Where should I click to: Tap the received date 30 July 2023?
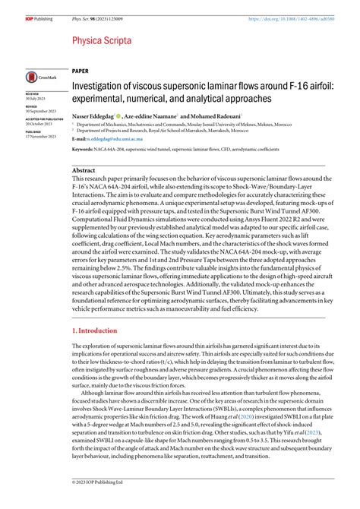tap(36, 99)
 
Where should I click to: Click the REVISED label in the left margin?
tap(33, 106)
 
